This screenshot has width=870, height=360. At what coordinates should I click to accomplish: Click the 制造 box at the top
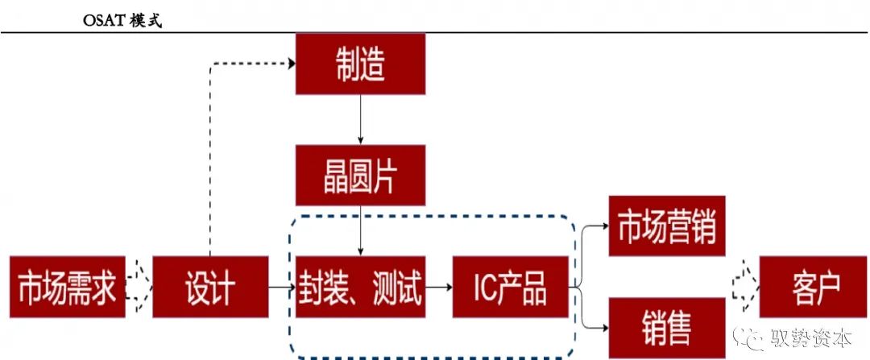click(x=360, y=65)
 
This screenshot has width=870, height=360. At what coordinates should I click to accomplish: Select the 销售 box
click(x=666, y=327)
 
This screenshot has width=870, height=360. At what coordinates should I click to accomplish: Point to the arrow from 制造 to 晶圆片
click(x=360, y=120)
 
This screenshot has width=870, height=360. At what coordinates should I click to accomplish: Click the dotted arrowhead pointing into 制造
click(x=289, y=65)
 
